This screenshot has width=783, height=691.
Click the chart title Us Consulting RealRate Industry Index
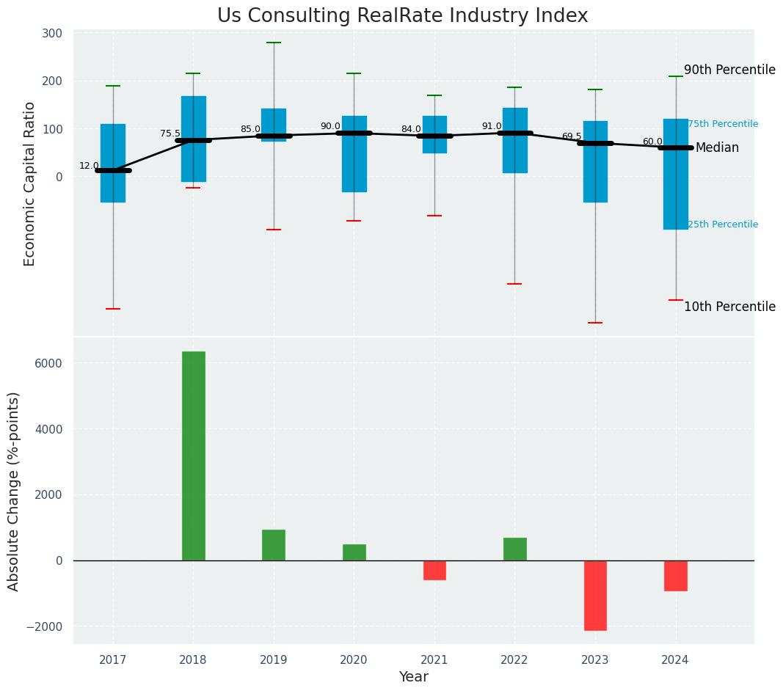[402, 16]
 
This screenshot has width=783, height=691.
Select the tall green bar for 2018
[194, 456]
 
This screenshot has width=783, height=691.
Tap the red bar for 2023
[595, 595]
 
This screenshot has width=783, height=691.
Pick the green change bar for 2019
[274, 545]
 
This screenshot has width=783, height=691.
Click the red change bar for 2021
[434, 570]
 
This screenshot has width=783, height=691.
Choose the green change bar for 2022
[515, 549]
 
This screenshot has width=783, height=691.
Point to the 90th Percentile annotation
[729, 70]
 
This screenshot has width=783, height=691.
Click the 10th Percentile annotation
[729, 307]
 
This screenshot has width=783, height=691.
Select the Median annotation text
[717, 148]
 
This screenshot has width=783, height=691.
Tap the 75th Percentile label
[723, 124]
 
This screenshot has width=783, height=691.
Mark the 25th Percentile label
[723, 224]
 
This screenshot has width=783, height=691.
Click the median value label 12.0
[89, 166]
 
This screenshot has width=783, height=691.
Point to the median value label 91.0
[492, 126]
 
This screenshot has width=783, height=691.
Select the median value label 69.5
[572, 136]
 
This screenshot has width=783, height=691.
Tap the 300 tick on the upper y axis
[53, 33]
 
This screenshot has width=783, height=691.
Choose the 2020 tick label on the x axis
[354, 660]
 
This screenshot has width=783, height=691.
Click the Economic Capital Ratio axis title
[30, 183]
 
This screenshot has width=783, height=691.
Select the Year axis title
[414, 677]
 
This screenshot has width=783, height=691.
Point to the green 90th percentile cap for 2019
[274, 43]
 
